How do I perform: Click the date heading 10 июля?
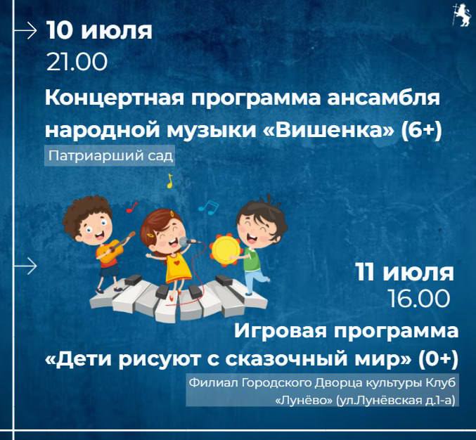[x=99, y=31]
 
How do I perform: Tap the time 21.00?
[x=77, y=63]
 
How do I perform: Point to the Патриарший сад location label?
[x=110, y=156]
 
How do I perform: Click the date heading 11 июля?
[x=405, y=272]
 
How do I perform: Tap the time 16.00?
[x=419, y=299]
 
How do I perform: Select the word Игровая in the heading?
[x=281, y=331]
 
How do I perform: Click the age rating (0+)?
[x=437, y=359]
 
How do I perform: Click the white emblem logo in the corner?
[x=461, y=15]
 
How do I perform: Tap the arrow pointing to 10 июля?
[x=25, y=30]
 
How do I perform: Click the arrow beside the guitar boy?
[x=25, y=266]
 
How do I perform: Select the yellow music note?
[x=169, y=181]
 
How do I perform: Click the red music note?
[x=131, y=207]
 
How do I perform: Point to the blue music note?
[x=209, y=207]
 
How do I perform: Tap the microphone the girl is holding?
[x=189, y=242]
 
